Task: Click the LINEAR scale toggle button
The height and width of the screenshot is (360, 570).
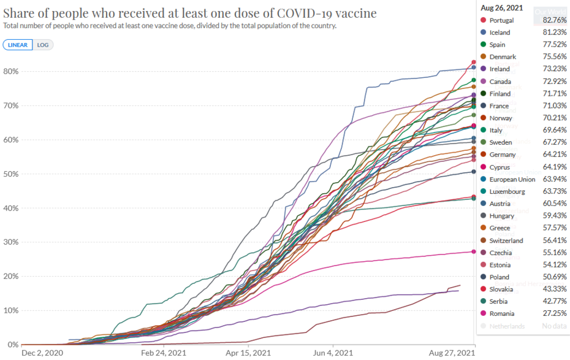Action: coord(18,45)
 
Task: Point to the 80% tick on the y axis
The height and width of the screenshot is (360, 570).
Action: coord(12,71)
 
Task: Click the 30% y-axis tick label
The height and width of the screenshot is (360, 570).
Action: coord(12,242)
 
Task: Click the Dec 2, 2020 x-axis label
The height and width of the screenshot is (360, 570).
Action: coord(42,353)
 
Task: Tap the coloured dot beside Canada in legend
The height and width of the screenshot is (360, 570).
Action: coord(483,82)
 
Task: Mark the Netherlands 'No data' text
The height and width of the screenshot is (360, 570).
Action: coord(554,326)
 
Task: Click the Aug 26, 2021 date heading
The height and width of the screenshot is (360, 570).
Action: coord(501,9)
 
